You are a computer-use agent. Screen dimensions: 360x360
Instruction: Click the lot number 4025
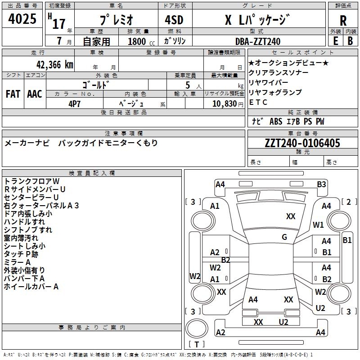(x=22, y=19)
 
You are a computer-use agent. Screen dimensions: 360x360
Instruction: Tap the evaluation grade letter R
(x=343, y=20)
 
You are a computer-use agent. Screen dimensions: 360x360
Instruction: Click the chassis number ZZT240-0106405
(x=302, y=143)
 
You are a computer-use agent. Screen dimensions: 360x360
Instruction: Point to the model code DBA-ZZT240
(x=258, y=41)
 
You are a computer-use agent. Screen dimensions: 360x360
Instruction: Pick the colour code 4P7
(x=75, y=103)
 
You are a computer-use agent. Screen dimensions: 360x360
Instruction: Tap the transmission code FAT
(x=13, y=94)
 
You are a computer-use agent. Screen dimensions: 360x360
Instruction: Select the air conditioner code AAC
(x=35, y=94)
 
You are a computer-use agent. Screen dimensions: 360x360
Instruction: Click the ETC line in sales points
(x=258, y=102)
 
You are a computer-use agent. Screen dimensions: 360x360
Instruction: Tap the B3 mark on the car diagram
(x=321, y=184)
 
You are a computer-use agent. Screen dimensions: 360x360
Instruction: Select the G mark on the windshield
(x=284, y=237)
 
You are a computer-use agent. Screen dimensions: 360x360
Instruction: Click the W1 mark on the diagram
(x=318, y=225)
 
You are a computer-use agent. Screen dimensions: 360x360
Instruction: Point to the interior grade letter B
(x=350, y=41)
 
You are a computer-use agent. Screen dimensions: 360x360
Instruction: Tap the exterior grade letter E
(x=335, y=41)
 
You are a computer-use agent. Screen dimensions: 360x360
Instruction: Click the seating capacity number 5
(x=187, y=85)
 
